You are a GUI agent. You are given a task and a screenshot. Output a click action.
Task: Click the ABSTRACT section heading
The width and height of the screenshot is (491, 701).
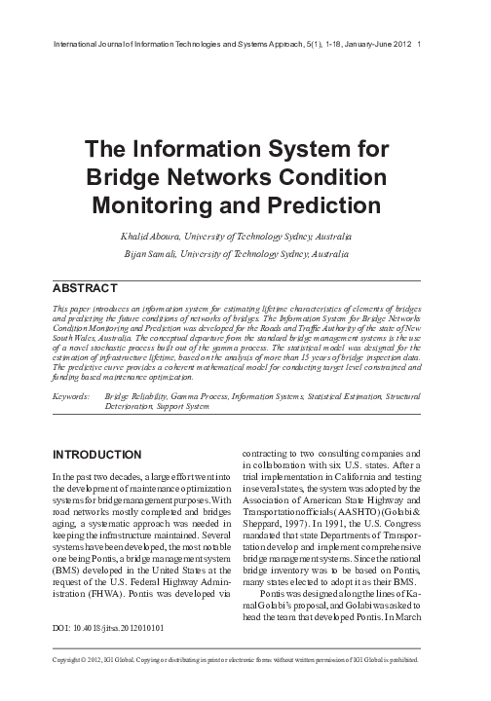(83, 287)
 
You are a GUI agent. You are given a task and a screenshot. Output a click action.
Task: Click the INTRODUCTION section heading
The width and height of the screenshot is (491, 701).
(101, 455)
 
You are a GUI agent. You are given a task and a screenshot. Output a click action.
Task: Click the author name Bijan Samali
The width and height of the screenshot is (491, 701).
(154, 254)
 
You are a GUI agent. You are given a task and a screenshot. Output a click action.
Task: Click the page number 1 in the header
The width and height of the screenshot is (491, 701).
(419, 44)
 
